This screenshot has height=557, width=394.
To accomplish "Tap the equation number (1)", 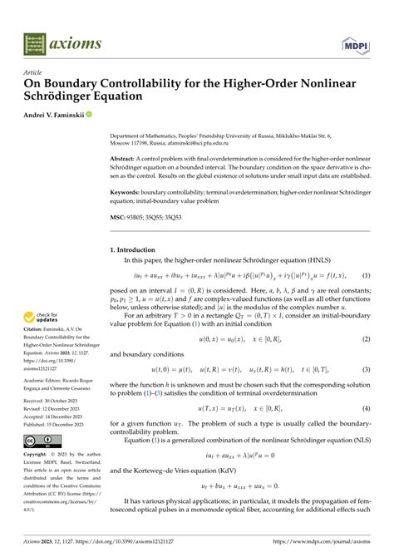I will coord(365,275).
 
